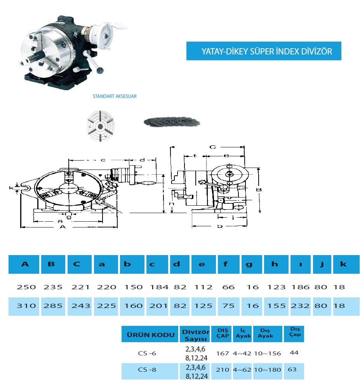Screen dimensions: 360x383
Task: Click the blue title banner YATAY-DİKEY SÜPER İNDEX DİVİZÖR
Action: pyautogui.click(x=264, y=51)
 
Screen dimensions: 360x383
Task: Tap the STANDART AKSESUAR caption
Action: pyautogui.click(x=115, y=96)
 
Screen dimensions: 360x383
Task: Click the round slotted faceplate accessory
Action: pyautogui.click(x=101, y=126)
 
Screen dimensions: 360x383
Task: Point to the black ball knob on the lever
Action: pyautogui.click(x=100, y=71)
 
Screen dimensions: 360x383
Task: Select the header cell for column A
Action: pyautogui.click(x=24, y=264)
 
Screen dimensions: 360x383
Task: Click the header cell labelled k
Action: pyautogui.click(x=346, y=264)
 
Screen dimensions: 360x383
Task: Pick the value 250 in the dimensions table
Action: pyautogui.click(x=26, y=287)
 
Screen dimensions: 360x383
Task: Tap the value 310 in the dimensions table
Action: pyautogui.click(x=26, y=306)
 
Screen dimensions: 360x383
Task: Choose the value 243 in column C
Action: pyautogui.click(x=80, y=306)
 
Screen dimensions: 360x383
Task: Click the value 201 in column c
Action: pyautogui.click(x=158, y=306)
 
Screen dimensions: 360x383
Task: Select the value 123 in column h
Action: pyautogui.click(x=277, y=287)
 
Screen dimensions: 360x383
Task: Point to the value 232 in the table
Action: pyautogui.click(x=300, y=306)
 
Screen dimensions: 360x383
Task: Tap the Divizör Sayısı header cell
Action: pyautogui.click(x=195, y=334)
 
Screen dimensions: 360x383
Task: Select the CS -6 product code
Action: pyautogui.click(x=147, y=353)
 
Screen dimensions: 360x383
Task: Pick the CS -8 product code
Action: pyautogui.click(x=147, y=369)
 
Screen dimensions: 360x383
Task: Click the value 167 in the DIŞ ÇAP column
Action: pyautogui.click(x=223, y=353)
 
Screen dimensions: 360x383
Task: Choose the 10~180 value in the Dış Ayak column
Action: pyautogui.click(x=268, y=370)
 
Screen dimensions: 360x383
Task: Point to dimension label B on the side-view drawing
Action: pyautogui.click(x=259, y=190)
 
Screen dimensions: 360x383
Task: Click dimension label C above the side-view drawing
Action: pyautogui.click(x=213, y=147)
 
